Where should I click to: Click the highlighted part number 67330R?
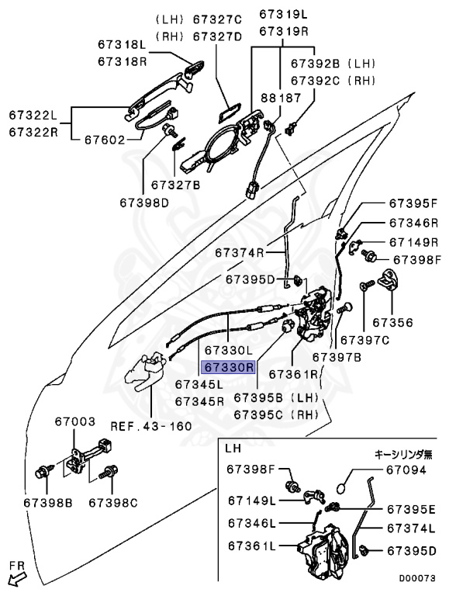(x=229, y=367)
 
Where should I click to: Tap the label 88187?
(x=282, y=98)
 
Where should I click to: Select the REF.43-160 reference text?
(x=151, y=426)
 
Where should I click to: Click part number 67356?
(x=392, y=322)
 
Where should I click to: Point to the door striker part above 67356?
(x=390, y=279)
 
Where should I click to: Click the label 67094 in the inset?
(x=406, y=470)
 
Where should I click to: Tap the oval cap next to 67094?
(x=342, y=487)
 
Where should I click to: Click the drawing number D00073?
(x=417, y=578)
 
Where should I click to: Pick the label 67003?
(x=75, y=421)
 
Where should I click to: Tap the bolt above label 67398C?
(x=109, y=472)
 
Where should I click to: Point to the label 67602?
(x=105, y=140)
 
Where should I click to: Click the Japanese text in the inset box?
(x=403, y=454)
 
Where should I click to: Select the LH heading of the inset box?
(x=233, y=448)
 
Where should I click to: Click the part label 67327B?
(x=175, y=185)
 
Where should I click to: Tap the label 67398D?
(x=144, y=203)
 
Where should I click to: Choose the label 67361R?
(x=293, y=374)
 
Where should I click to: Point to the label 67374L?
(x=411, y=528)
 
